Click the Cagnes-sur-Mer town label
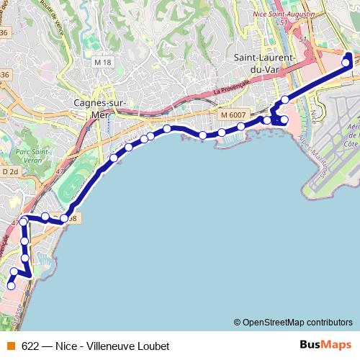pyautogui.click(x=100, y=107)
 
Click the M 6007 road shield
pyautogui.click(x=233, y=115)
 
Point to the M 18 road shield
pyautogui.click(x=103, y=63)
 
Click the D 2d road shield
pyautogui.click(x=10, y=172)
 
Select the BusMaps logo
pyautogui.click(x=322, y=345)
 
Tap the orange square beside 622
pyautogui.click(x=10, y=345)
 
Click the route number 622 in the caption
pyautogui.click(x=31, y=345)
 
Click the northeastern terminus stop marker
pyautogui.click(x=346, y=63)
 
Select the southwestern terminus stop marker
pyautogui.click(x=11, y=286)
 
